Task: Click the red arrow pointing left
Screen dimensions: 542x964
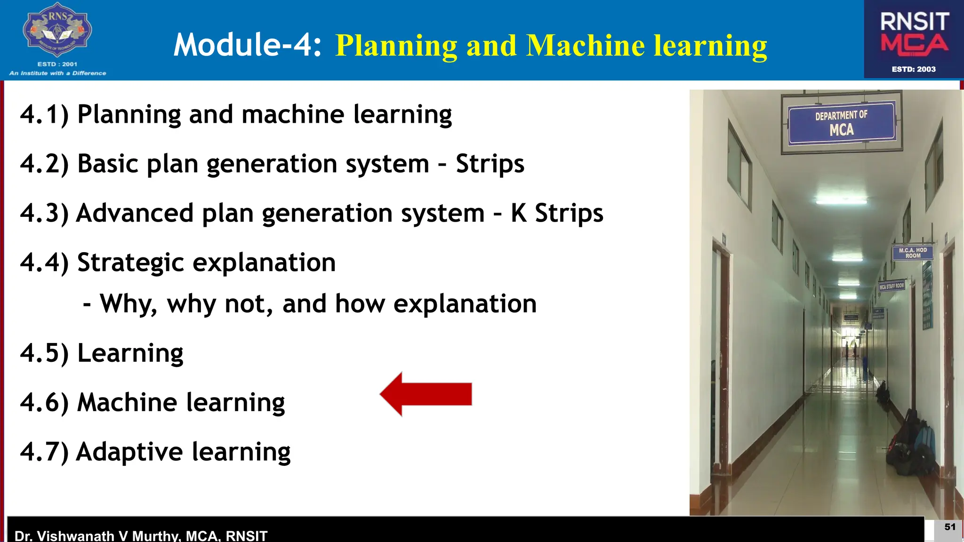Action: coord(426,394)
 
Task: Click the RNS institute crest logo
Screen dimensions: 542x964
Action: coord(57,30)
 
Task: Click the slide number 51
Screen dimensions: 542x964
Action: coord(950,527)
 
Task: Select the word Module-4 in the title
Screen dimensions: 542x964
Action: coord(248,45)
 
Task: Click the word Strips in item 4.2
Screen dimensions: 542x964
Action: coord(490,164)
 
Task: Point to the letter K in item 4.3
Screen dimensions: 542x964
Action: coord(518,213)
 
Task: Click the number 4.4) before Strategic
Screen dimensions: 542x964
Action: coord(44,263)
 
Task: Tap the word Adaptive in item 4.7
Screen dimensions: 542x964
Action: coord(129,452)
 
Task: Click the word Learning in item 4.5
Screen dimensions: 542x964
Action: coord(130,353)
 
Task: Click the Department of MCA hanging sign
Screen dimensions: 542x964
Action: coord(842,122)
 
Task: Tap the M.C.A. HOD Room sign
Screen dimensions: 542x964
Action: coord(912,253)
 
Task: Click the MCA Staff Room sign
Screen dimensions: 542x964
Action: coord(892,286)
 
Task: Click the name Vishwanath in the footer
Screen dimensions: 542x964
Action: coord(82,536)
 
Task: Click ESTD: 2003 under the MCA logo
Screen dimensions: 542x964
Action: coord(914,69)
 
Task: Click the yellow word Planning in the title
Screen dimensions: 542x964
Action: coord(396,46)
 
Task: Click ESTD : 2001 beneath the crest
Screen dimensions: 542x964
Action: coord(57,64)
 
